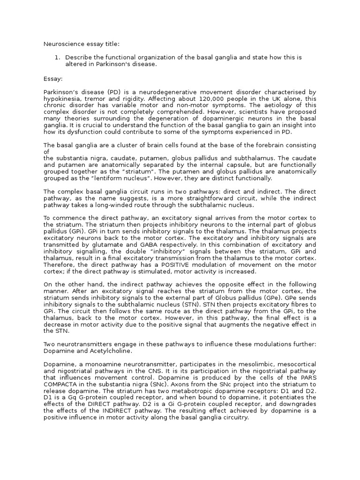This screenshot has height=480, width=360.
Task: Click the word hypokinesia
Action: click(x=62, y=99)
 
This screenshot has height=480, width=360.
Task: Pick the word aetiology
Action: click(x=274, y=105)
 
